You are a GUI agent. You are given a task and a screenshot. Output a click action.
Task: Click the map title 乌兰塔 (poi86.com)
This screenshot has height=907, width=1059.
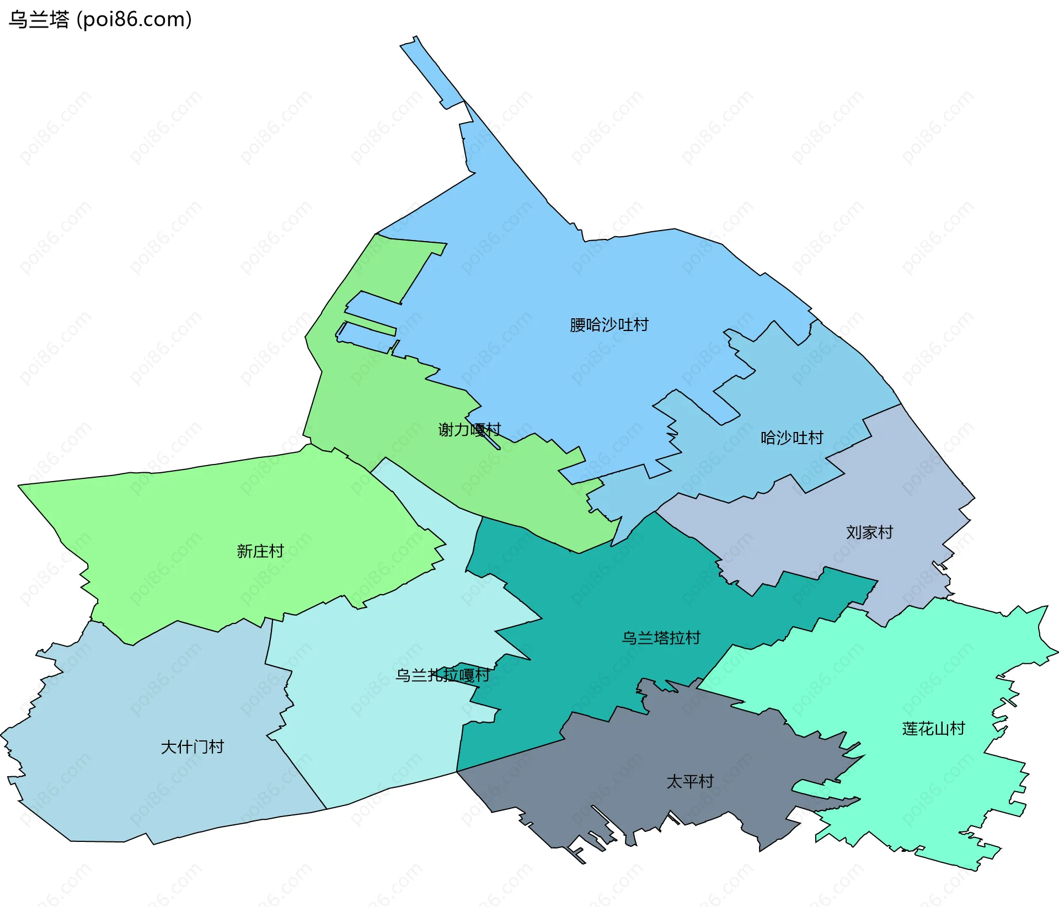tap(100, 19)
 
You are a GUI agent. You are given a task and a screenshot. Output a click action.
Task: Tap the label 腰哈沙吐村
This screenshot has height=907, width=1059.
tap(609, 325)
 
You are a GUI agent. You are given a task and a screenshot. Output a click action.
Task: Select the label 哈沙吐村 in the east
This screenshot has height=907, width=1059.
tap(791, 438)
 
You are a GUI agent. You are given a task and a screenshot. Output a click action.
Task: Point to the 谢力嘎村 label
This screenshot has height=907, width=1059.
tap(469, 430)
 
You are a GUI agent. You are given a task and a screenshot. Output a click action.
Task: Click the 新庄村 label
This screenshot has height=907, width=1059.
tap(260, 551)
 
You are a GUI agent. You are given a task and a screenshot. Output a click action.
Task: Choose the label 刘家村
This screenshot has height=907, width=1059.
tap(869, 532)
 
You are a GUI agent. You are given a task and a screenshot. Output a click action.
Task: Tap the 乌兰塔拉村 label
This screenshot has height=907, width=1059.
tap(661, 638)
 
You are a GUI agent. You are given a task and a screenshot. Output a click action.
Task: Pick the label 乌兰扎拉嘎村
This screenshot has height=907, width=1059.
tap(443, 675)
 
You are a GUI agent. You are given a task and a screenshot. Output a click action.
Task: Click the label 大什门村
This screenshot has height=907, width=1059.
tap(192, 747)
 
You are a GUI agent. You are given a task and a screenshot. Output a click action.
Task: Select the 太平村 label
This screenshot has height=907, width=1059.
tap(690, 782)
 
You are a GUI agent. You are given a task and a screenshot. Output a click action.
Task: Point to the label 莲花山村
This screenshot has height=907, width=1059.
tap(933, 729)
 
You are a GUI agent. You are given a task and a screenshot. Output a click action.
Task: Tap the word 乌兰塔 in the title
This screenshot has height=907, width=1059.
tap(39, 19)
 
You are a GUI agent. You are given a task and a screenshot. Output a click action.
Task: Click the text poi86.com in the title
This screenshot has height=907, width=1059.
tap(134, 19)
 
